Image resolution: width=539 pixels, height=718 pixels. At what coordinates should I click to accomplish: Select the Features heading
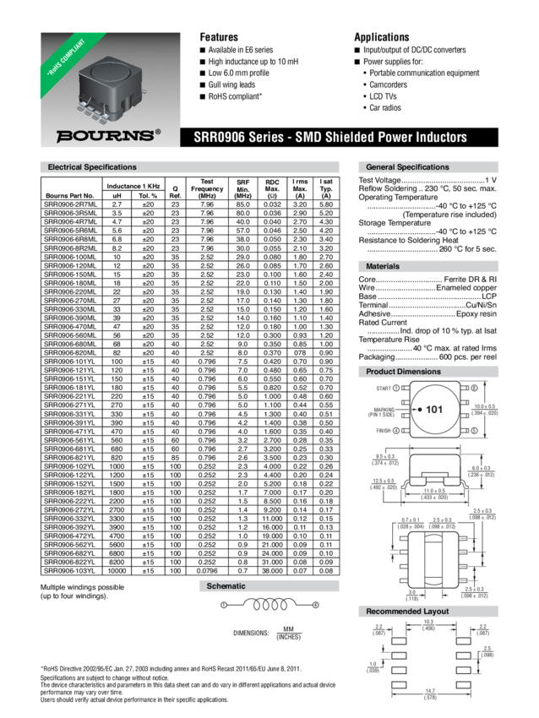[x=218, y=37]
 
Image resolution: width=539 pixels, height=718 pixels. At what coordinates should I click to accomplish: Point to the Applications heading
[x=381, y=37]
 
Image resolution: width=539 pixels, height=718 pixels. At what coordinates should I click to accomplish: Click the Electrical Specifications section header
[x=92, y=167]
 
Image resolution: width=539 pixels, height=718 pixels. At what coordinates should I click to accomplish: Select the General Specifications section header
[x=407, y=167]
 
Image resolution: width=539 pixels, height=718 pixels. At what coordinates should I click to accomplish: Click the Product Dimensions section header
[x=404, y=371]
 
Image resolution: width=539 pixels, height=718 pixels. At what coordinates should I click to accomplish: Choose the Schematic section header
[x=226, y=585]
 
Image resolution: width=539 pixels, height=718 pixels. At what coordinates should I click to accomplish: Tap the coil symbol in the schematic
[x=271, y=605]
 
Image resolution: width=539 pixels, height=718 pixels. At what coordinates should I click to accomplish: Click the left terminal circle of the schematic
[x=224, y=605]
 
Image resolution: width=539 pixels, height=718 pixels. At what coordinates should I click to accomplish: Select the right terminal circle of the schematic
[x=317, y=605]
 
